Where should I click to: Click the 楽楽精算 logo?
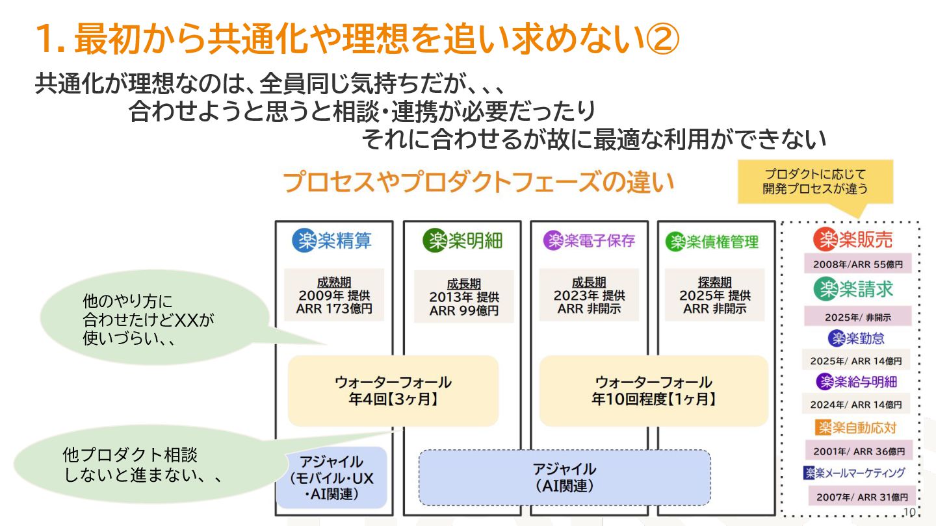point(333,241)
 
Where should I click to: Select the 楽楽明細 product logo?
point(462,241)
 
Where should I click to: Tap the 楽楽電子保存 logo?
point(589,241)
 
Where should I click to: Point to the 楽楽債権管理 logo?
point(712,242)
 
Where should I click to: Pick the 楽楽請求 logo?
point(853,289)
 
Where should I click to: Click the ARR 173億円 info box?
point(334,295)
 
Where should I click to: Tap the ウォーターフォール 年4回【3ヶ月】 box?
point(393,390)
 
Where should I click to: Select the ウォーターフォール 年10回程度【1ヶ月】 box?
point(653,390)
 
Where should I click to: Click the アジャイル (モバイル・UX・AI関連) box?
point(332,477)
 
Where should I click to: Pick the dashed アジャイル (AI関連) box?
point(564,477)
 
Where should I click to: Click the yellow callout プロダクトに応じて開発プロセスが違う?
point(815,182)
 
